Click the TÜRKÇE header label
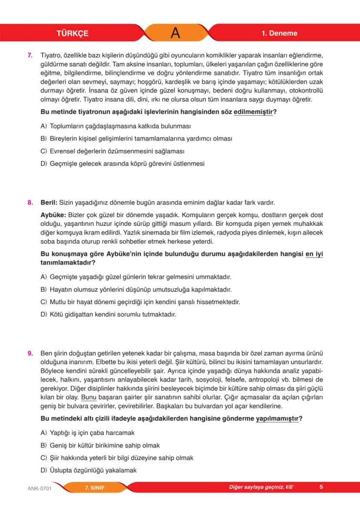pyautogui.click(x=72, y=34)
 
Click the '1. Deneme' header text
pyautogui.click(x=279, y=34)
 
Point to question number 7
pyautogui.click(x=30, y=56)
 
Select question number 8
pyautogui.click(x=30, y=202)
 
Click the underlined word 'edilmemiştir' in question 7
pyautogui.click(x=253, y=112)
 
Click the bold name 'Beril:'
pyautogui.click(x=48, y=202)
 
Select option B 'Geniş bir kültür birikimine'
pyautogui.click(x=100, y=446)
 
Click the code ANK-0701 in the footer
pyautogui.click(x=37, y=488)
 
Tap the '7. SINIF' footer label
pyautogui.click(x=95, y=487)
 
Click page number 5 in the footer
pyautogui.click(x=321, y=487)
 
